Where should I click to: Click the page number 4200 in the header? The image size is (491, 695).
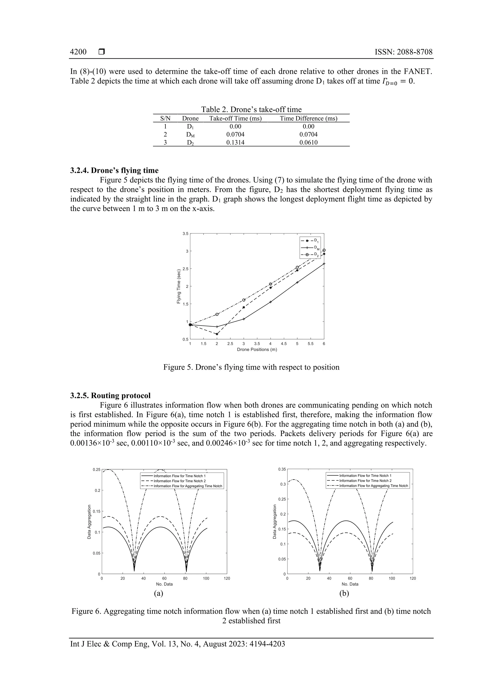(78, 52)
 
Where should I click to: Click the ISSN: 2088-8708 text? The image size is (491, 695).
(403, 52)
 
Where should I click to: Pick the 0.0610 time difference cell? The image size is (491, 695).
(308, 143)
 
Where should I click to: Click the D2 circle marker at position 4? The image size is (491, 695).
(270, 284)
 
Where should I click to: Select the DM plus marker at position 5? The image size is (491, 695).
(297, 282)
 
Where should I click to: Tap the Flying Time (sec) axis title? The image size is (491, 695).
(179, 286)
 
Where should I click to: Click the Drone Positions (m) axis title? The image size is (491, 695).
(257, 350)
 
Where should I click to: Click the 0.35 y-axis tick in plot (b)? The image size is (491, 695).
(282, 469)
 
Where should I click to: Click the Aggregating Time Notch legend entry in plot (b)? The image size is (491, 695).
(373, 486)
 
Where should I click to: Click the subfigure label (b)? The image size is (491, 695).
(344, 594)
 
